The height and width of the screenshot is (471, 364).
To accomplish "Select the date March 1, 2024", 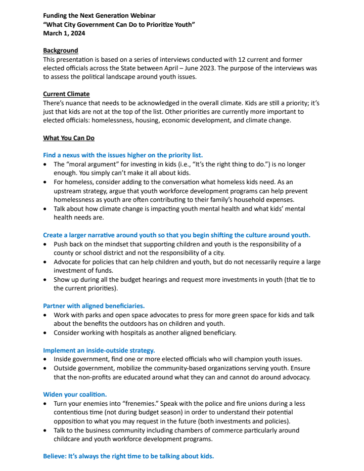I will click(x=64, y=33).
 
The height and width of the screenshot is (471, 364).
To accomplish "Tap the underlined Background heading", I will click(x=61, y=51).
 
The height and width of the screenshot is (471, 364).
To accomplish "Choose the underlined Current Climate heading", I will click(x=66, y=94).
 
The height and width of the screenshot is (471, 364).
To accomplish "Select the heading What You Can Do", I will click(x=69, y=138).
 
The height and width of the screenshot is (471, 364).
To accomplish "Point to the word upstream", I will click(x=69, y=191).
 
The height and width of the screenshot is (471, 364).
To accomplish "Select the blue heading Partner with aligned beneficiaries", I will click(x=94, y=306).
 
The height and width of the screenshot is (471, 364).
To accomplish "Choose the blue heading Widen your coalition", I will click(x=75, y=394).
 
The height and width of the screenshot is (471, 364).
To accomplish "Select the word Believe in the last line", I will click(x=55, y=456).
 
